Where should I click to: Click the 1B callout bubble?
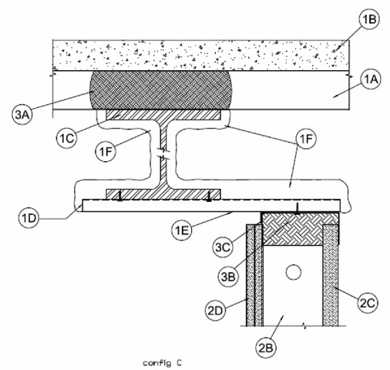click(x=370, y=20)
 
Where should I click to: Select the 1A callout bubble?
click(x=371, y=80)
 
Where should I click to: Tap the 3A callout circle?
click(x=22, y=114)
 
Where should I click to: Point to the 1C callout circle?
click(x=67, y=138)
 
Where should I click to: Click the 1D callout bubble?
click(x=29, y=219)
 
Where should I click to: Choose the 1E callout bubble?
click(x=182, y=230)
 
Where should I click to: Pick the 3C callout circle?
click(x=223, y=247)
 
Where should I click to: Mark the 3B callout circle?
click(x=228, y=277)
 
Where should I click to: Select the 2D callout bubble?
click(x=216, y=311)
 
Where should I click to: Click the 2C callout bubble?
click(x=368, y=303)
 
